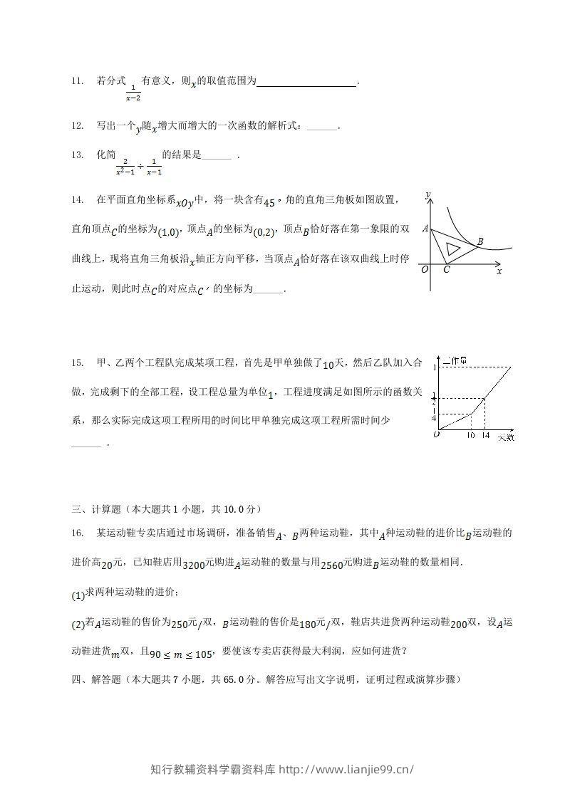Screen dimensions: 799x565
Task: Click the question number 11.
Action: click(x=78, y=81)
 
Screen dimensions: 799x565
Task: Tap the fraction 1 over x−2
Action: click(x=133, y=93)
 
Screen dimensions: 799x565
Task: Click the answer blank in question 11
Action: click(x=306, y=83)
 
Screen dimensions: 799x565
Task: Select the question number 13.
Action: click(x=78, y=155)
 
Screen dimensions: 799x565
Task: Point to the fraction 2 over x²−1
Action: click(x=125, y=166)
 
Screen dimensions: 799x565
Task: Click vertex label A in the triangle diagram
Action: click(x=425, y=229)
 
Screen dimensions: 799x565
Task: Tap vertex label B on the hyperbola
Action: click(x=480, y=242)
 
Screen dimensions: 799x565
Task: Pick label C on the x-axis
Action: click(x=446, y=270)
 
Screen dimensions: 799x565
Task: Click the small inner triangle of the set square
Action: click(x=452, y=249)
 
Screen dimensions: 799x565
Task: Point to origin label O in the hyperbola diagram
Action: click(x=425, y=270)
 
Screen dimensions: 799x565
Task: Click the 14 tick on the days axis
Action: click(x=485, y=435)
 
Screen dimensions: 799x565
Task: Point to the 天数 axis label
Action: click(x=505, y=436)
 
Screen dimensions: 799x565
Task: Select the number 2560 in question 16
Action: click(x=333, y=565)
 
